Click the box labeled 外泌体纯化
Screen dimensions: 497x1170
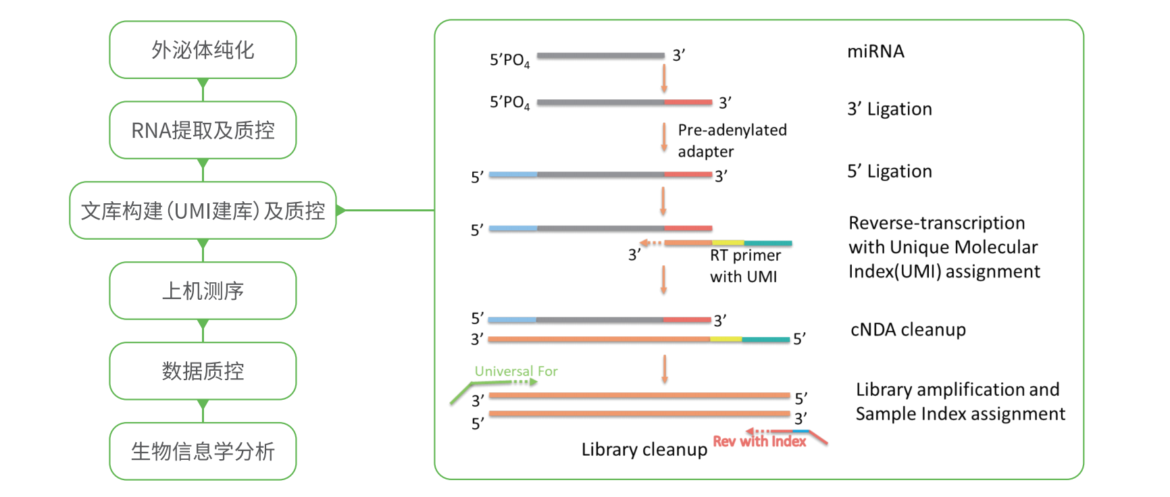203,50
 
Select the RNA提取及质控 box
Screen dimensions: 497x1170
203,130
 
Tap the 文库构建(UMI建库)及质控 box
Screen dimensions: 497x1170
203,211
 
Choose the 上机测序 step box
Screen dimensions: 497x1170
203,291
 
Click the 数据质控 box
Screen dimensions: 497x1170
203,371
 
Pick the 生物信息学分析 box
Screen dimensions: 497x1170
203,452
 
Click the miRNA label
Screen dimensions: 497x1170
875,51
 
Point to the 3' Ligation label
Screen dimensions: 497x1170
890,109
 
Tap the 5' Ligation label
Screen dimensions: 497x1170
890,172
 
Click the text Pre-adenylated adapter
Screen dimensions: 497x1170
732,140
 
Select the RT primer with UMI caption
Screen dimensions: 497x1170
744,266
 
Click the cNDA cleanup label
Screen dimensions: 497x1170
908,330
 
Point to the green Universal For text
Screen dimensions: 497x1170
516,371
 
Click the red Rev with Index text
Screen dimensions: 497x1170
759,442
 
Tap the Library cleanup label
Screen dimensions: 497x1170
644,450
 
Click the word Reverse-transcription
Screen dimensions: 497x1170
936,223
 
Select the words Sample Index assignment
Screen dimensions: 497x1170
960,414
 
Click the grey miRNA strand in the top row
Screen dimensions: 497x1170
601,55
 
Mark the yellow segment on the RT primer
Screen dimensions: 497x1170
728,242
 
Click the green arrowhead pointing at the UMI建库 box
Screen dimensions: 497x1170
340,211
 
